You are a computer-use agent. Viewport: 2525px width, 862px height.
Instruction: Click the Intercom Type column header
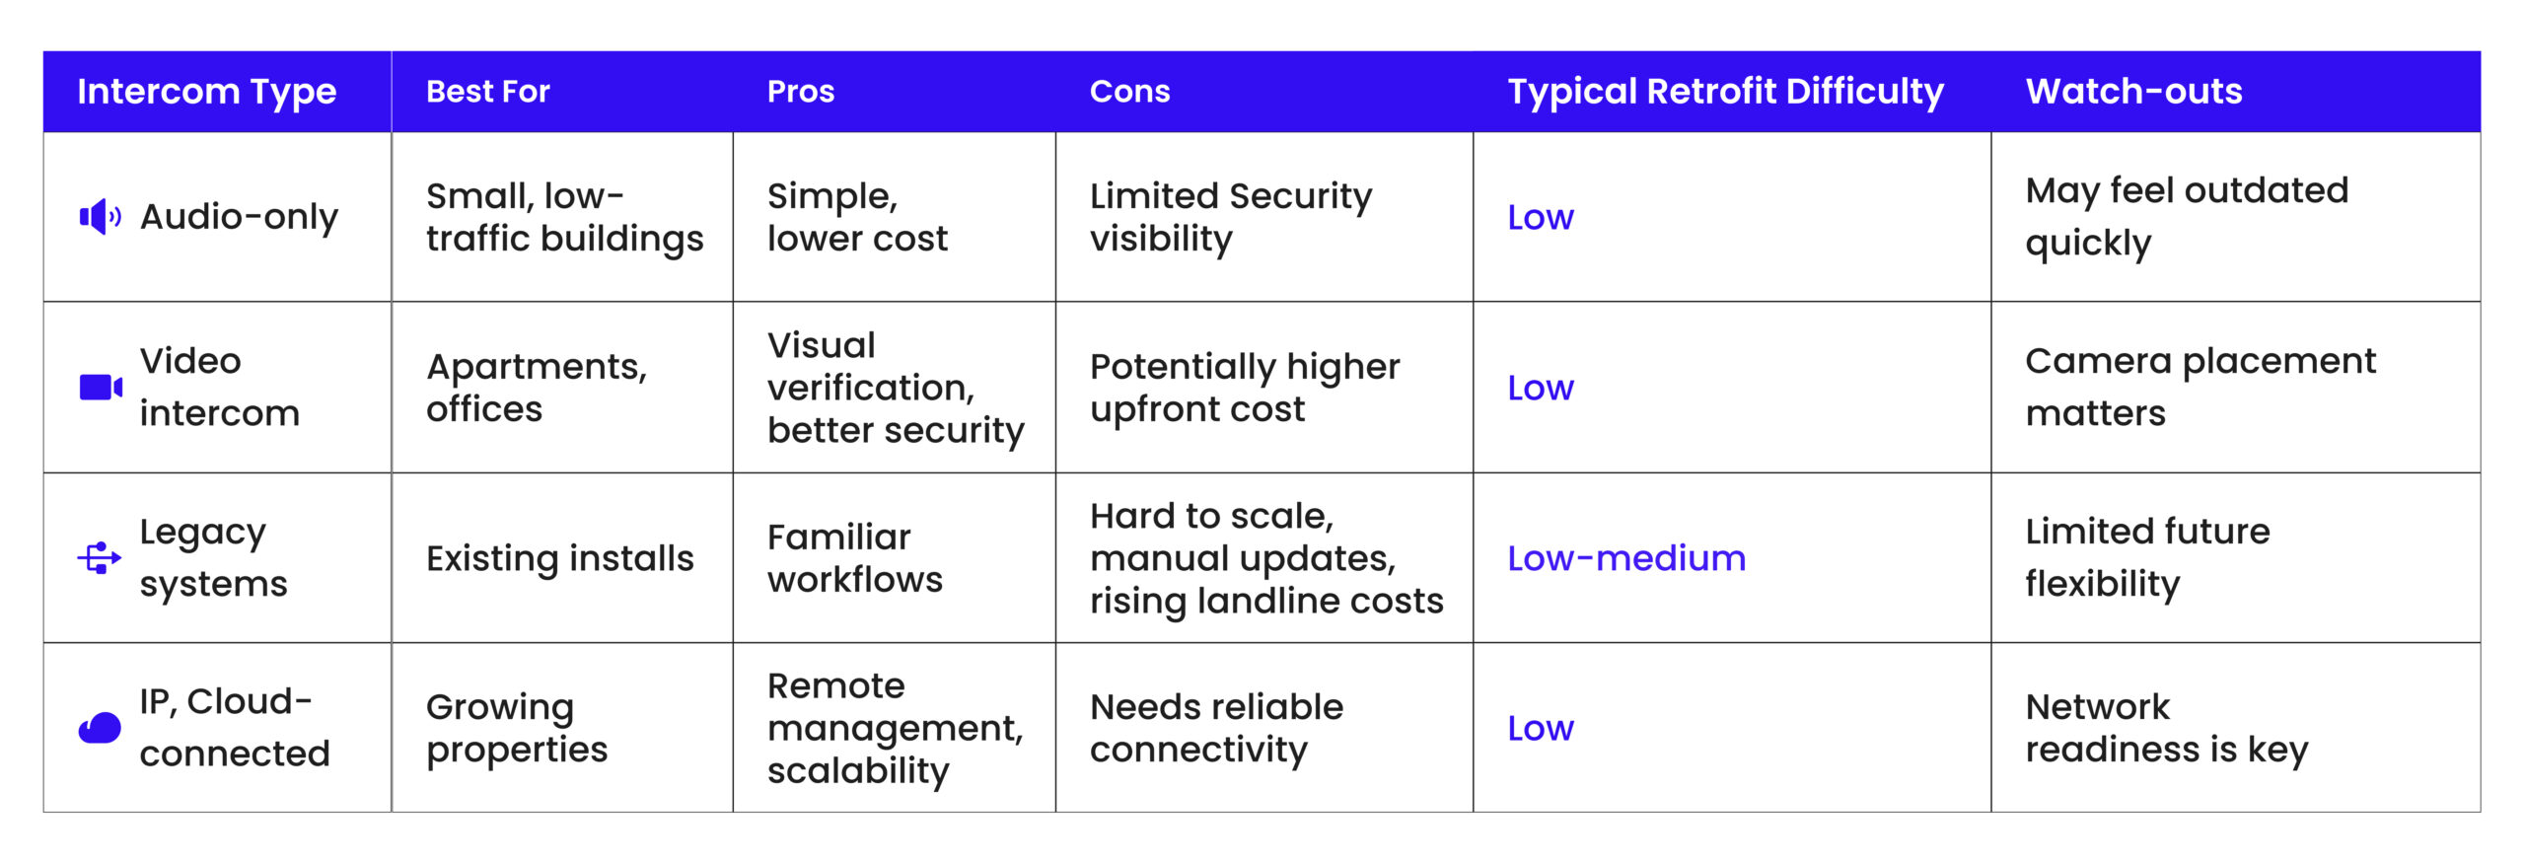(x=207, y=92)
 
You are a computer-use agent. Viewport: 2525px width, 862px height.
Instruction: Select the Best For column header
(x=487, y=92)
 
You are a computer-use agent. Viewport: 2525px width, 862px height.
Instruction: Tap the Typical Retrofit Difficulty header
(x=1725, y=92)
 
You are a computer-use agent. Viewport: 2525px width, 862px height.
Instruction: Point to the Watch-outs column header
(x=2133, y=92)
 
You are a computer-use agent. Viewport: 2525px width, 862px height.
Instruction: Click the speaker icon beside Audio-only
(x=100, y=217)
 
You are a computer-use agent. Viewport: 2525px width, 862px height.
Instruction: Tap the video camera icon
(x=101, y=387)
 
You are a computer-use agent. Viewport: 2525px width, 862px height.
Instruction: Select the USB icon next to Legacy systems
(x=100, y=557)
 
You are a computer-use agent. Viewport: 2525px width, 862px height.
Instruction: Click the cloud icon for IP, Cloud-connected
(x=100, y=728)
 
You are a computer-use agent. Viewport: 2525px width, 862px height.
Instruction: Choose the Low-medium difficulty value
(x=1626, y=558)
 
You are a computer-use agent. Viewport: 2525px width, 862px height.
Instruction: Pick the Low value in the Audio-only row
(x=1541, y=217)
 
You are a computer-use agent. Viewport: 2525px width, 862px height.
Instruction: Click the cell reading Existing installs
(x=560, y=558)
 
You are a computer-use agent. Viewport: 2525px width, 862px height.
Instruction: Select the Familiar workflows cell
(x=854, y=558)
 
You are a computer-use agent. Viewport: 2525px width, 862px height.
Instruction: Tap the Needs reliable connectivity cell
(x=1216, y=728)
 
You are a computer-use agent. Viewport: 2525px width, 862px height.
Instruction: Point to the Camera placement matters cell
(x=2200, y=387)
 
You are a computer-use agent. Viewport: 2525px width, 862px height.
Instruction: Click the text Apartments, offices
(x=537, y=388)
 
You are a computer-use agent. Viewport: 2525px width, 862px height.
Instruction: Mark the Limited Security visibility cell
(x=1231, y=217)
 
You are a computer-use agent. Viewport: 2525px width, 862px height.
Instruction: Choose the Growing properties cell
(x=517, y=728)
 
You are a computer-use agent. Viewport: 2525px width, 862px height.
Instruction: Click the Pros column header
(x=801, y=92)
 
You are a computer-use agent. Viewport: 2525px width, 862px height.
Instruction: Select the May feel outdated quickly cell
(x=2187, y=217)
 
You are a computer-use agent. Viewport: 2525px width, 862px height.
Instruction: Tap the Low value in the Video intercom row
(x=1541, y=388)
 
